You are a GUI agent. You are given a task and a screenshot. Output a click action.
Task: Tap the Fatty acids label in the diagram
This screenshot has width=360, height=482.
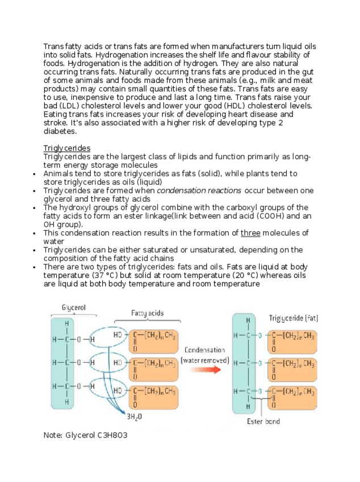(x=148, y=313)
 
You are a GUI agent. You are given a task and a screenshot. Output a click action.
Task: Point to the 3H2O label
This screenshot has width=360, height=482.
(x=135, y=417)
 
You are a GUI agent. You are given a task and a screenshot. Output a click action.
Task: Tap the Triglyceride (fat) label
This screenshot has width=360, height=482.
(x=293, y=318)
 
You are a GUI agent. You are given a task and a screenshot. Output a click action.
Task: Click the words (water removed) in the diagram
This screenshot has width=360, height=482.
(x=205, y=360)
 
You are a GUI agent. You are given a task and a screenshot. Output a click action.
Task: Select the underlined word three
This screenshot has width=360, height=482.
(x=250, y=233)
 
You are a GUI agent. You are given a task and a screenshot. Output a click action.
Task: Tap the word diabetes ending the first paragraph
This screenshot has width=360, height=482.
(x=59, y=131)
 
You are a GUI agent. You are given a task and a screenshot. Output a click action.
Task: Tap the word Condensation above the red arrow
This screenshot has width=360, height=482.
(x=205, y=350)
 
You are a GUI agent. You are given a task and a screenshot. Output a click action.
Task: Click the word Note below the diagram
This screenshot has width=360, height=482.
(x=53, y=435)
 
